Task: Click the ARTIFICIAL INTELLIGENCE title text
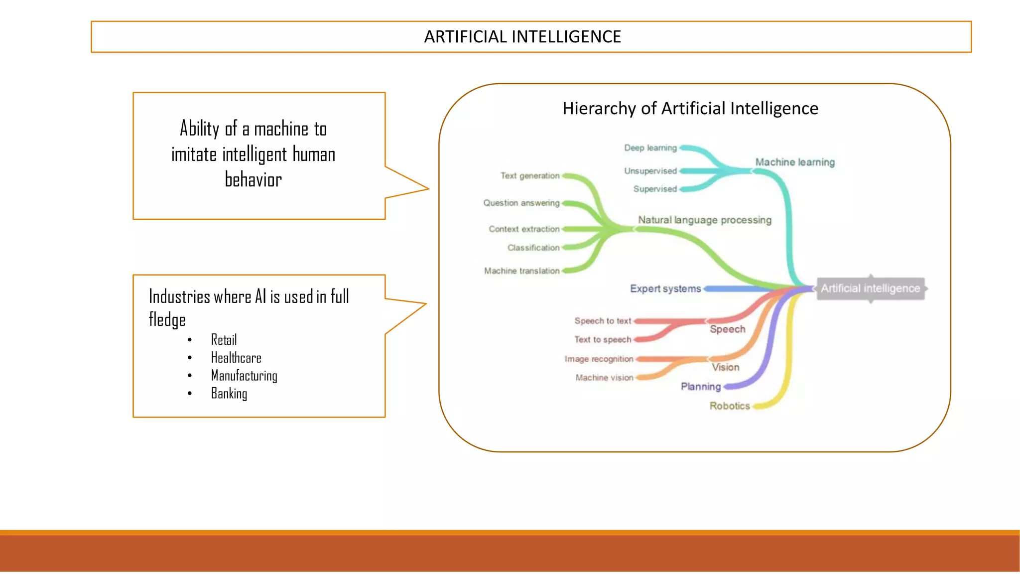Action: tap(522, 37)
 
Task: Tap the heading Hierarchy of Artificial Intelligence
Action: tap(690, 109)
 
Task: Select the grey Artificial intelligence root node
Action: tap(870, 288)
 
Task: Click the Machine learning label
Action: tap(795, 162)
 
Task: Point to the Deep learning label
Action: tap(650, 148)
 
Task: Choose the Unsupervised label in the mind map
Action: tap(650, 171)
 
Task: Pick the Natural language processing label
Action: tap(705, 220)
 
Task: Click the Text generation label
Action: tap(530, 176)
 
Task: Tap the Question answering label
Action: tap(521, 203)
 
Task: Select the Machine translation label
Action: tap(522, 271)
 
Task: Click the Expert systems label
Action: tap(665, 289)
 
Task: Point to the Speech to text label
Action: tap(603, 321)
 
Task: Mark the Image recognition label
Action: tap(599, 359)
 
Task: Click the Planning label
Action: tap(701, 387)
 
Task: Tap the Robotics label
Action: tap(730, 406)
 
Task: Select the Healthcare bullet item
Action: tap(236, 358)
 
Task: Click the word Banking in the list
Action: tap(229, 394)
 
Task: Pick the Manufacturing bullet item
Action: tap(244, 376)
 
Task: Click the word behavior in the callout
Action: tap(253, 180)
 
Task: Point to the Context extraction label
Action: tap(524, 229)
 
